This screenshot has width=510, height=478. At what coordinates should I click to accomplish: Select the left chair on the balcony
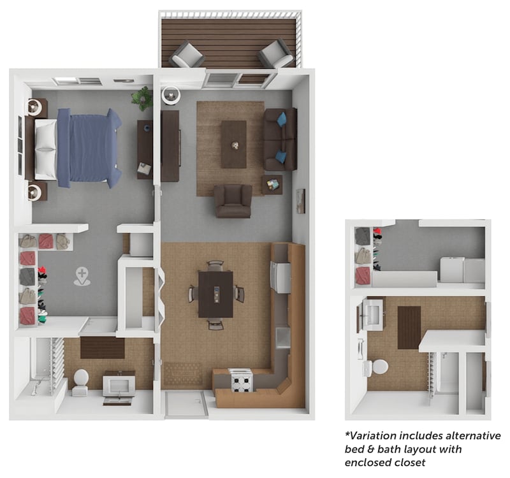pos(187,55)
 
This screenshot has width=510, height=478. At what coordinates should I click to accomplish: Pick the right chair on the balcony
pos(276,54)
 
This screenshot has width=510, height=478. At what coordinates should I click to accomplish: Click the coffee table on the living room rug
pos(234,144)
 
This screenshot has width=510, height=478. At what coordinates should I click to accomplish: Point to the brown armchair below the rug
pos(233,201)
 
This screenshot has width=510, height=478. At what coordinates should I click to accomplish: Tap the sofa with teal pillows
pos(281,139)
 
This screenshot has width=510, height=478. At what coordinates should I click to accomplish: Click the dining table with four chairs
pos(215,294)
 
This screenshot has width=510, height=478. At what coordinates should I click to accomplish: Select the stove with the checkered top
pos(241,380)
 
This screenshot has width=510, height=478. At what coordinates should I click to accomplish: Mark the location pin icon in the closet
pos(82,276)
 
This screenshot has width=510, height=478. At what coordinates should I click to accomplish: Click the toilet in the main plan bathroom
pos(81,381)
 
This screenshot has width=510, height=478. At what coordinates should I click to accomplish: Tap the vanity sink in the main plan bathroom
pos(119,385)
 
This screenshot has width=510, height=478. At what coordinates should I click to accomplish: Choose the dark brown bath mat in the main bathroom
pos(103,347)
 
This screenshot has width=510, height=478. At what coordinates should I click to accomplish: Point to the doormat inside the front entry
pos(183,373)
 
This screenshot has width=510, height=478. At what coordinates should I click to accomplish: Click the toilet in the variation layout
pos(379,366)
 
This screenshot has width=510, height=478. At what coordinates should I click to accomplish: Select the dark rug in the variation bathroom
pos(409,327)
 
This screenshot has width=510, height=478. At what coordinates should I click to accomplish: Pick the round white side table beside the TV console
pos(171,96)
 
